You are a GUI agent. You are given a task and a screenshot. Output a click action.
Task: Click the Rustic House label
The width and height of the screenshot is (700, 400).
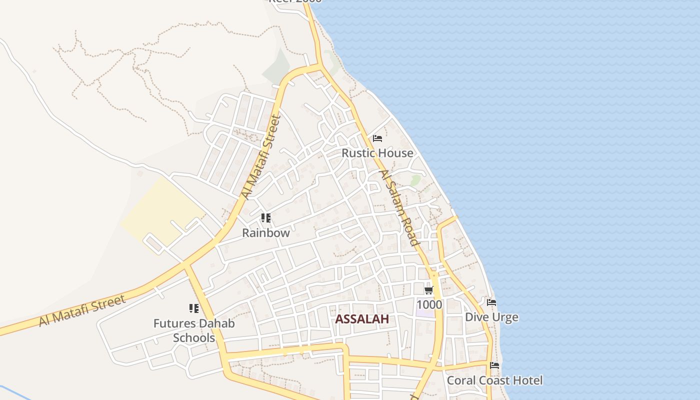[x=377, y=153]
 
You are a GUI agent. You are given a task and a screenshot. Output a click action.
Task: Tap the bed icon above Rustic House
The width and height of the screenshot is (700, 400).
[x=377, y=138]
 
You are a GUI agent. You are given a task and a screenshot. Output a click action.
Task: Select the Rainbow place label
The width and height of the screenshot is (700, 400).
[x=266, y=232]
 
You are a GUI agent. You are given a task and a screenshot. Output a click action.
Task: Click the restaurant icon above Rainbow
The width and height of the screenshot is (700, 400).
[x=266, y=218]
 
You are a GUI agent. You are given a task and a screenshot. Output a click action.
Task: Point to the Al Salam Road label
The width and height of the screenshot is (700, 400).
[x=398, y=207]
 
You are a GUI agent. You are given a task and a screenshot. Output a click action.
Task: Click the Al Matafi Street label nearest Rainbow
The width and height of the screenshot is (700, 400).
[x=260, y=157]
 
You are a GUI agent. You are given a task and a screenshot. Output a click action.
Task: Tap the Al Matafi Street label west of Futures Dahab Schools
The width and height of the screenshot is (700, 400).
[x=82, y=310]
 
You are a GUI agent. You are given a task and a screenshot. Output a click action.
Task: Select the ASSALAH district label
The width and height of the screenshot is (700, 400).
[x=362, y=319]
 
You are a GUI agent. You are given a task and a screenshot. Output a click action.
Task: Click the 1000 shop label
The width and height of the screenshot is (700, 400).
[x=429, y=304]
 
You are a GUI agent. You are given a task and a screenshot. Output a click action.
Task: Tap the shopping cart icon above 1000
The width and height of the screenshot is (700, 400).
[x=428, y=290]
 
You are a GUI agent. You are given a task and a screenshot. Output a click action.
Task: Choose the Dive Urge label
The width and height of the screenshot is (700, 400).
[x=491, y=317]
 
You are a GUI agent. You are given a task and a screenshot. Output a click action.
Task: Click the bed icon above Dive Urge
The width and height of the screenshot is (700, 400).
[x=491, y=302]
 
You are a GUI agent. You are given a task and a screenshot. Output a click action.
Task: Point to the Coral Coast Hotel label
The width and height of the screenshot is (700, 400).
[x=494, y=380]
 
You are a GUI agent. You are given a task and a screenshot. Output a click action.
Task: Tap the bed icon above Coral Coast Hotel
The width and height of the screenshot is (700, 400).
[x=494, y=365]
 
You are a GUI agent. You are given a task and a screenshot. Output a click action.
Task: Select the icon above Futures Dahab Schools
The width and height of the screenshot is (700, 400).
[x=194, y=308]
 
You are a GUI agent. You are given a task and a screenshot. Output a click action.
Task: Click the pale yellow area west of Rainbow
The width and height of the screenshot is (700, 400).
[x=160, y=210]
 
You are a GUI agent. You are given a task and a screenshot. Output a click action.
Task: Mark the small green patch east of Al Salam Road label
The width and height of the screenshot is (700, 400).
[x=415, y=179]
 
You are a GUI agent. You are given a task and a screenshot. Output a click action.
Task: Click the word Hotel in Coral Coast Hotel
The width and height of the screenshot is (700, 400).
[x=526, y=380]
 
